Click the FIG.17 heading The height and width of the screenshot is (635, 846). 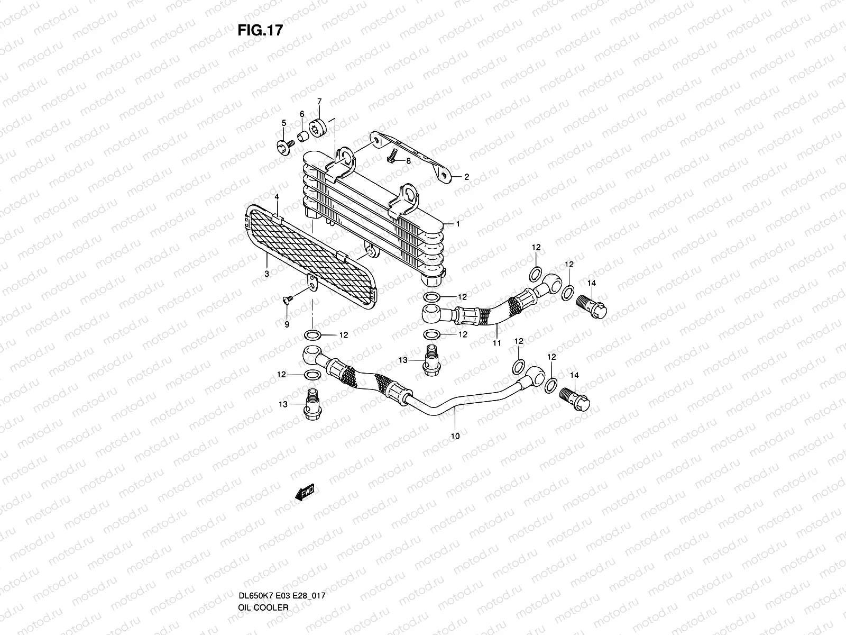tap(260, 31)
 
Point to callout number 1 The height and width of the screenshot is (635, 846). tap(458, 224)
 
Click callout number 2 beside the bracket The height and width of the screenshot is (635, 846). tap(466, 177)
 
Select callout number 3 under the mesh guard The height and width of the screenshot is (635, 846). tap(266, 274)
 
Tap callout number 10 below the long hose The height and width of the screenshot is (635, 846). tap(455, 437)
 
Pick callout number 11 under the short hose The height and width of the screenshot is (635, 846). tap(496, 343)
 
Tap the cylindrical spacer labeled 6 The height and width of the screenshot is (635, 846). tap(304, 138)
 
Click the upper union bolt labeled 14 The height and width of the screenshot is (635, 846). tap(595, 306)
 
